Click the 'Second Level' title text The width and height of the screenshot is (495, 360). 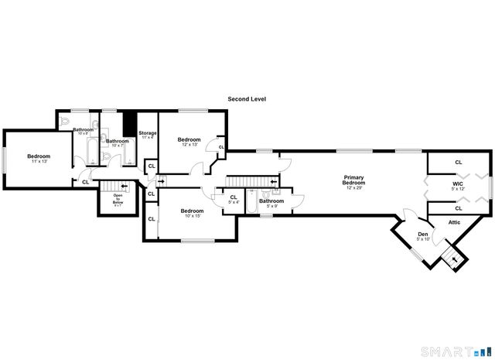click(247, 99)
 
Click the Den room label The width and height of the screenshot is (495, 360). click(422, 236)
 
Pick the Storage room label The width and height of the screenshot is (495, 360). click(148, 135)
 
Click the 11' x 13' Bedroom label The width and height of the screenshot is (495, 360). click(39, 158)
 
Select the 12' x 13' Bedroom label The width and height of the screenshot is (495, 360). click(190, 142)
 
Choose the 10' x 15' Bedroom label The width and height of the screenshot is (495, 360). click(192, 213)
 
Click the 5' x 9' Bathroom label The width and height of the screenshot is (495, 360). click(271, 203)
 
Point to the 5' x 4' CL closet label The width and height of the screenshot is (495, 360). click(233, 200)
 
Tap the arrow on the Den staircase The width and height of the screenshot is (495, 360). click(454, 258)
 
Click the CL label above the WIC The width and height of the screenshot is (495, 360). click(458, 162)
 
